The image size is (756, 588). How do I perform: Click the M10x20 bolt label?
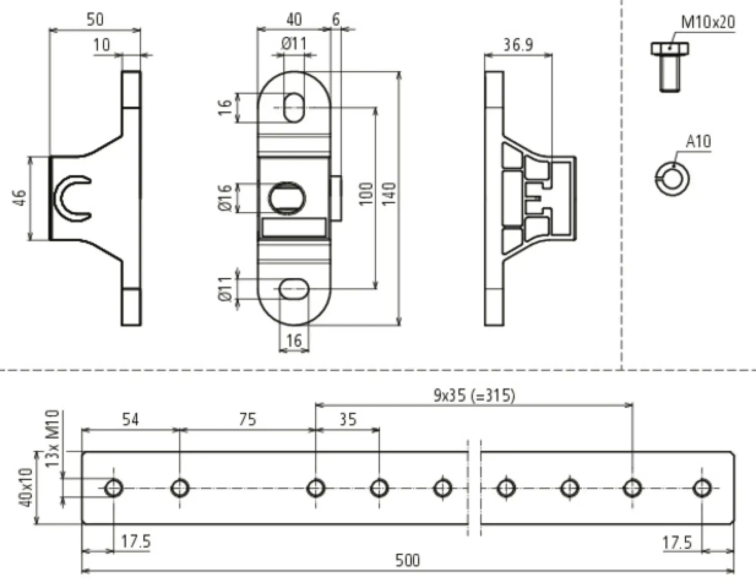point(708,22)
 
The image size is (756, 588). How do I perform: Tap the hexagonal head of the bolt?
point(669,49)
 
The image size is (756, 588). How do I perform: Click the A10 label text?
point(698,142)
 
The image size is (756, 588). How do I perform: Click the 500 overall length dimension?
point(407,560)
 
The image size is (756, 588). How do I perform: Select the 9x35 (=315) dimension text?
point(474,396)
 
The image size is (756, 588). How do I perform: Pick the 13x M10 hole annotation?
point(53,438)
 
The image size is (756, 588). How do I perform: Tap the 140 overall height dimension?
point(389,194)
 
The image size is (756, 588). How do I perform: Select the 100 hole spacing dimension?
point(366,194)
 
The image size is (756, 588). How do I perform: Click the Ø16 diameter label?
point(225,198)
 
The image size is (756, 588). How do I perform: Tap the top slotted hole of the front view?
point(294,108)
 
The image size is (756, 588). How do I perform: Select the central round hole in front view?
point(287,198)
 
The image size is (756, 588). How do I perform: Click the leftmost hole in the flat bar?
point(113,488)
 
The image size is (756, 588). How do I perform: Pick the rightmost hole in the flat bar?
point(702,488)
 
